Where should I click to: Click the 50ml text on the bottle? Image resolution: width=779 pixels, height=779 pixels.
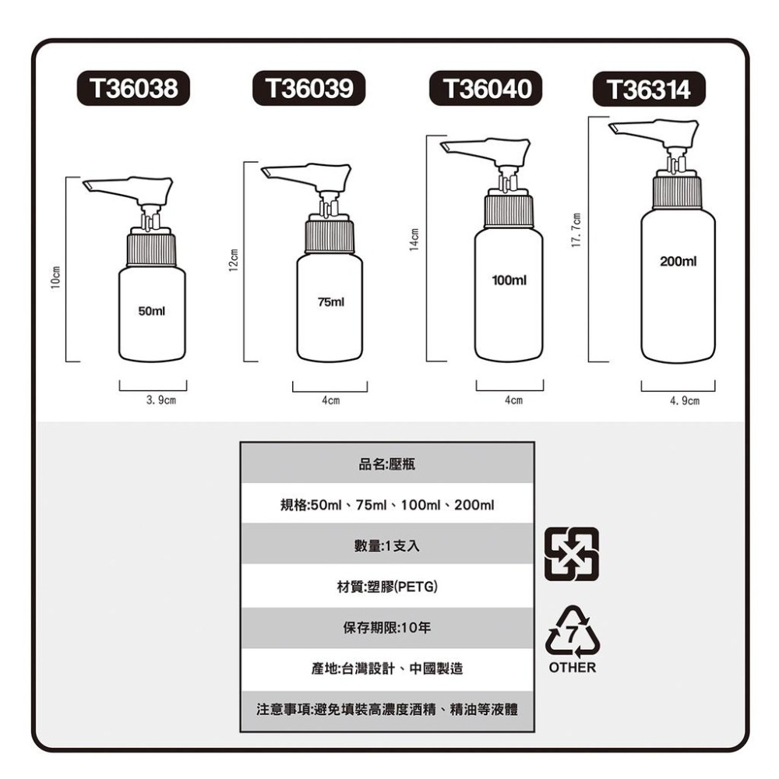(x=151, y=311)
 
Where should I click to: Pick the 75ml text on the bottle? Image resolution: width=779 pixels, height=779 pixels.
(x=330, y=301)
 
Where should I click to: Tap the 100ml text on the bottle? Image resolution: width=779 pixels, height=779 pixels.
(x=509, y=279)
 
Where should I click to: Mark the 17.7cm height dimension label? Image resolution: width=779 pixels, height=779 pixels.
(x=575, y=232)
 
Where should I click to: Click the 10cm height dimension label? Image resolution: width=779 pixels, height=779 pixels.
(x=54, y=277)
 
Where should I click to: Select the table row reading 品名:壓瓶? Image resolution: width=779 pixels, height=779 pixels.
(x=387, y=464)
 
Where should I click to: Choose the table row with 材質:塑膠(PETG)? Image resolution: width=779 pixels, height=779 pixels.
(x=387, y=587)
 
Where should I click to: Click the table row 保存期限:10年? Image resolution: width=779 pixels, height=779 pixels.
(x=387, y=628)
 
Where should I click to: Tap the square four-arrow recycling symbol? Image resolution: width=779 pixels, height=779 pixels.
(x=573, y=554)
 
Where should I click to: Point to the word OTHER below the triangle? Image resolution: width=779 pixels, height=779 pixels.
(x=573, y=668)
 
